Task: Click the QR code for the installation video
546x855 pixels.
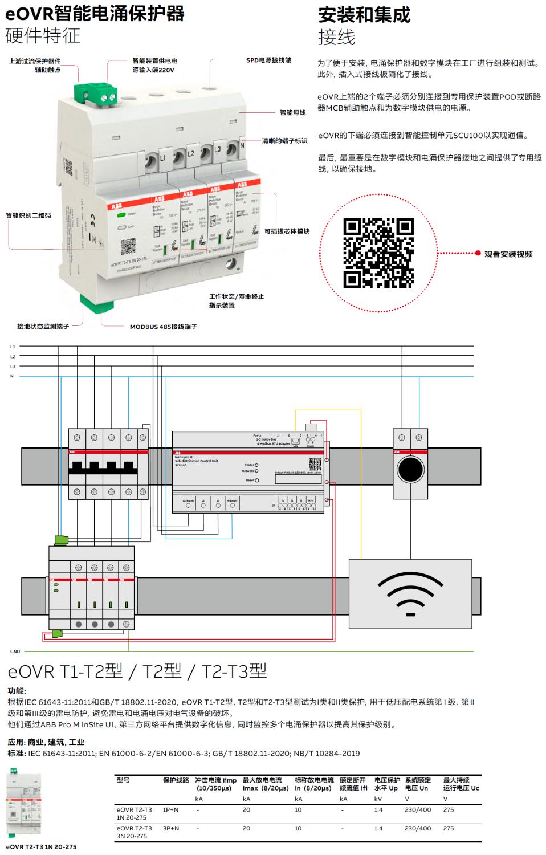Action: coord(378,253)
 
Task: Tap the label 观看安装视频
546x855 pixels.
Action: coord(508,254)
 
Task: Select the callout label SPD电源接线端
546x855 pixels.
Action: coord(268,60)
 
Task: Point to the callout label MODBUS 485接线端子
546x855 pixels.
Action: coord(164,327)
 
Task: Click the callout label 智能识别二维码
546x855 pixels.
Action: coord(28,215)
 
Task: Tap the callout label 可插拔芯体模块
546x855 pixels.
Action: coord(287,231)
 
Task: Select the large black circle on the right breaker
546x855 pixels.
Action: coord(410,470)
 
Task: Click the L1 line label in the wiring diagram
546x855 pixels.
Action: coord(13,347)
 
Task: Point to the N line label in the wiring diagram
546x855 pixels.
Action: coord(12,376)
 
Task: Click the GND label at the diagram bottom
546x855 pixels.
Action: coord(15,651)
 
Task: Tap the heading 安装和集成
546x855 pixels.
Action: coord(364,15)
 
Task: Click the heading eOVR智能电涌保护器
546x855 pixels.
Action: coord(95,13)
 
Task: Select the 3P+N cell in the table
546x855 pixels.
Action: coord(171,828)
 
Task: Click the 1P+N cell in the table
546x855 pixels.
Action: coord(171,809)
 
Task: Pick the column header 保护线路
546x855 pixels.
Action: coord(176,780)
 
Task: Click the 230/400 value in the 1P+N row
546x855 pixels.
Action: coord(418,809)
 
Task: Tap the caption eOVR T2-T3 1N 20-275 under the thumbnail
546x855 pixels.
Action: coord(41,847)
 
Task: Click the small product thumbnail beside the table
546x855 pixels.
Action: coord(23,804)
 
